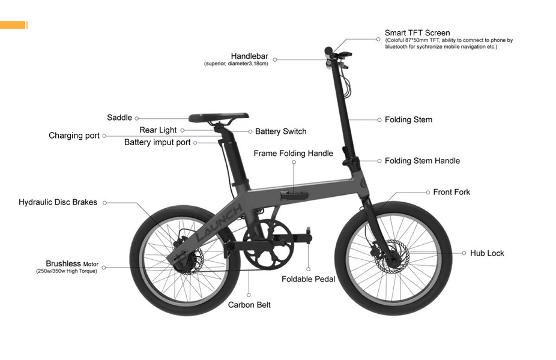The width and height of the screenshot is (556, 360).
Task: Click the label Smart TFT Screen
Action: pyautogui.click(x=417, y=33)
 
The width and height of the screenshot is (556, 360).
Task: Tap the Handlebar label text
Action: pyautogui.click(x=249, y=56)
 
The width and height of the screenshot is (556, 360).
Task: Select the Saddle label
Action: pyautogui.click(x=119, y=118)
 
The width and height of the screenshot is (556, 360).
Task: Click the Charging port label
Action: pyautogui.click(x=74, y=136)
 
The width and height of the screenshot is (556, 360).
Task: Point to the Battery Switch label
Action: pyautogui.click(x=280, y=131)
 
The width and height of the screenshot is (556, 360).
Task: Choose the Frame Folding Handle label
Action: pyautogui.click(x=293, y=154)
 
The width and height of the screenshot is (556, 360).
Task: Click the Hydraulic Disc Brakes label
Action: pyautogui.click(x=58, y=202)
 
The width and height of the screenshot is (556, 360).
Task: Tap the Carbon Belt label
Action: pyautogui.click(x=249, y=305)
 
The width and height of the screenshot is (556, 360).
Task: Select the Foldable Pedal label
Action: pyautogui.click(x=308, y=279)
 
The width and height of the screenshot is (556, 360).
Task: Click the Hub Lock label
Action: pyautogui.click(x=487, y=253)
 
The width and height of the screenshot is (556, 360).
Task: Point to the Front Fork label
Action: pyautogui.click(x=452, y=192)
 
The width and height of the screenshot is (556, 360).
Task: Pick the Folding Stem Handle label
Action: pyautogui.click(x=422, y=161)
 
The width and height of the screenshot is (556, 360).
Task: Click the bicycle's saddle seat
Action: pyautogui.click(x=219, y=117)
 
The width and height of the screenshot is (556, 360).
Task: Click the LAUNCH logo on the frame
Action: pyautogui.click(x=220, y=221)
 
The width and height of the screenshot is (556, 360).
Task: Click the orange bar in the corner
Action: pyautogui.click(x=13, y=25)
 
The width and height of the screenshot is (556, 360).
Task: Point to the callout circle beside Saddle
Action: pyautogui.click(x=137, y=118)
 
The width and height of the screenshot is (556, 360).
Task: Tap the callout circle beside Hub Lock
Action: pyautogui.click(x=464, y=253)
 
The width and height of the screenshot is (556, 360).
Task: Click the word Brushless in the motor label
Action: pyautogui.click(x=63, y=263)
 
